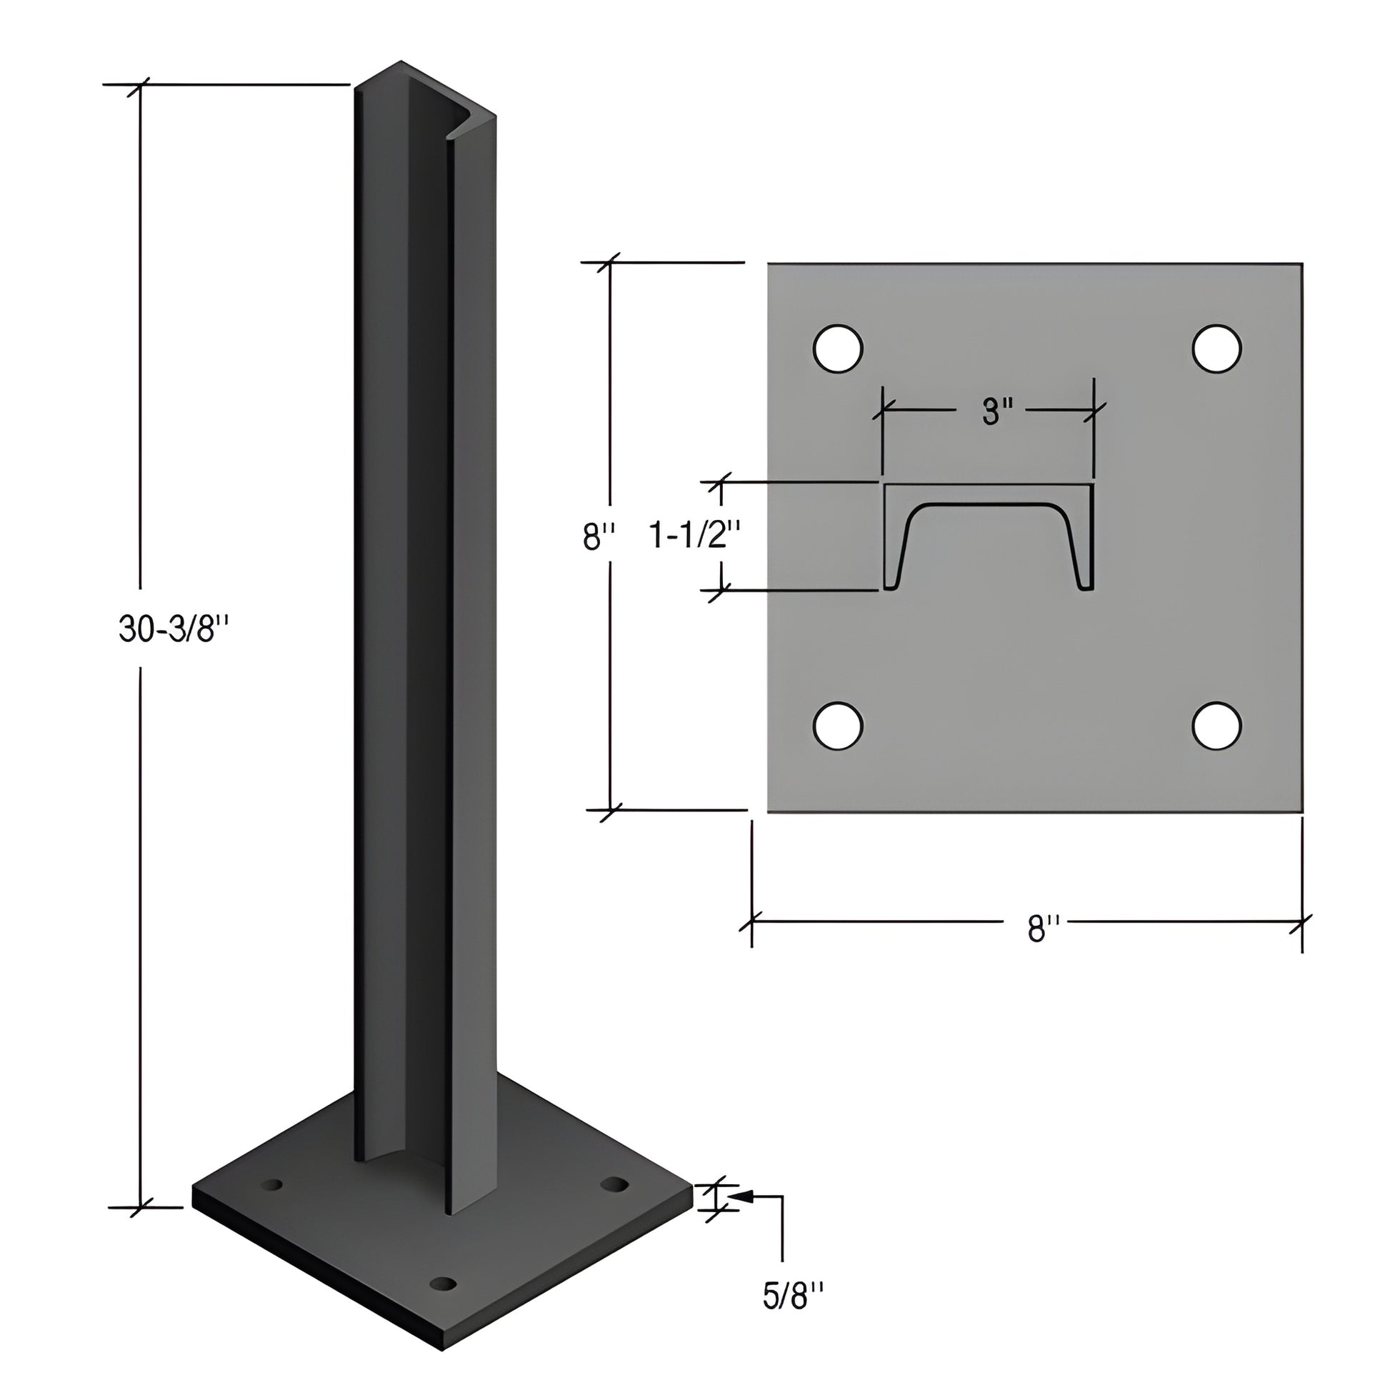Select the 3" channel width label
[x=997, y=412]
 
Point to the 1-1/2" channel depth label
[x=694, y=535]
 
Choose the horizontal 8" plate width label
[x=1044, y=929]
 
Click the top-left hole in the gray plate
[x=837, y=349]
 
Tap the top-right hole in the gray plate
[x=1216, y=349]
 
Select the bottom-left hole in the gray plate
[x=837, y=725]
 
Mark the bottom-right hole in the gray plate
[x=1216, y=725]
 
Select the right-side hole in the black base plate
[x=614, y=1184]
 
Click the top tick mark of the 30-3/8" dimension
[x=140, y=85]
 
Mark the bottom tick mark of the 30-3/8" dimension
[x=140, y=1208]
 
